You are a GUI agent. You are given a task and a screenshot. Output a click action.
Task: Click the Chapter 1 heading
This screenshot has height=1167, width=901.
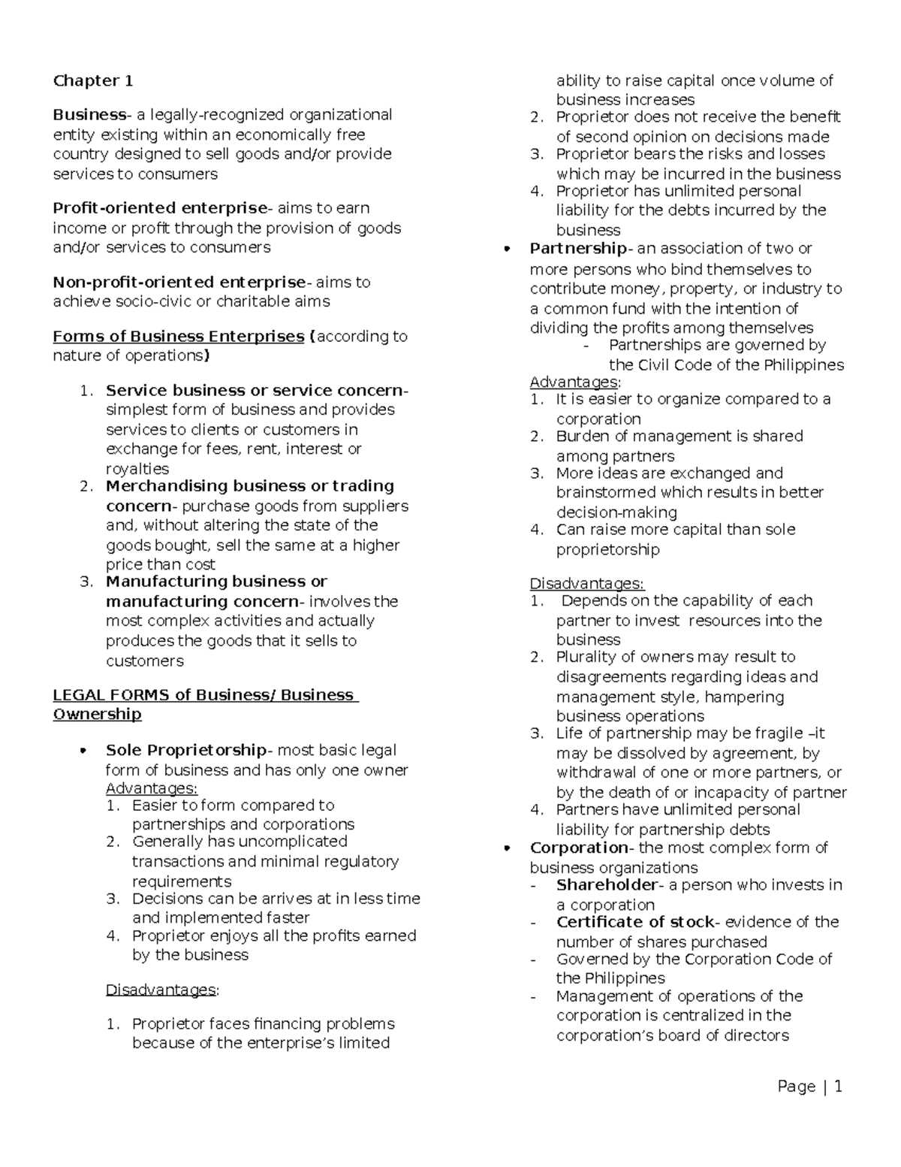tap(93, 80)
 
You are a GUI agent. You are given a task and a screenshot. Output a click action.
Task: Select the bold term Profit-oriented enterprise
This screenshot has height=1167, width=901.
tap(160, 208)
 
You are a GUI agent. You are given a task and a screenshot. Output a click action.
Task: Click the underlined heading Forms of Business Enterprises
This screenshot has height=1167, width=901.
tap(178, 337)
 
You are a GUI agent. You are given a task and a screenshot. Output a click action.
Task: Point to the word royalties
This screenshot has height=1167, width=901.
tap(137, 469)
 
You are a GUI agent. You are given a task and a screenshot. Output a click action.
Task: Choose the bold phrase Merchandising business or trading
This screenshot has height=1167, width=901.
tap(250, 486)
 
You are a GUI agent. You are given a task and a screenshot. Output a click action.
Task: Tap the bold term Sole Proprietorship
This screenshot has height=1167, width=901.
tap(186, 750)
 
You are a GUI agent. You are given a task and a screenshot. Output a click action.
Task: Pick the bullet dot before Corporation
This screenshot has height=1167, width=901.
tap(508, 848)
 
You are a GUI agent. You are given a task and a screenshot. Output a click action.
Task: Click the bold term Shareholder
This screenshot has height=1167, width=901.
tap(607, 885)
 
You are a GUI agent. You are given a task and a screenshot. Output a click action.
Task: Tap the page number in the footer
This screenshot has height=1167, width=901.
tap(837, 1087)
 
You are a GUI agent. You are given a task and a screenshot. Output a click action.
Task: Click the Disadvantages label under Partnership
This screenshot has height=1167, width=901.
tap(586, 584)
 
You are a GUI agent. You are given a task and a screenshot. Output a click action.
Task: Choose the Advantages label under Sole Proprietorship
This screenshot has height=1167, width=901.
tap(152, 788)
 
